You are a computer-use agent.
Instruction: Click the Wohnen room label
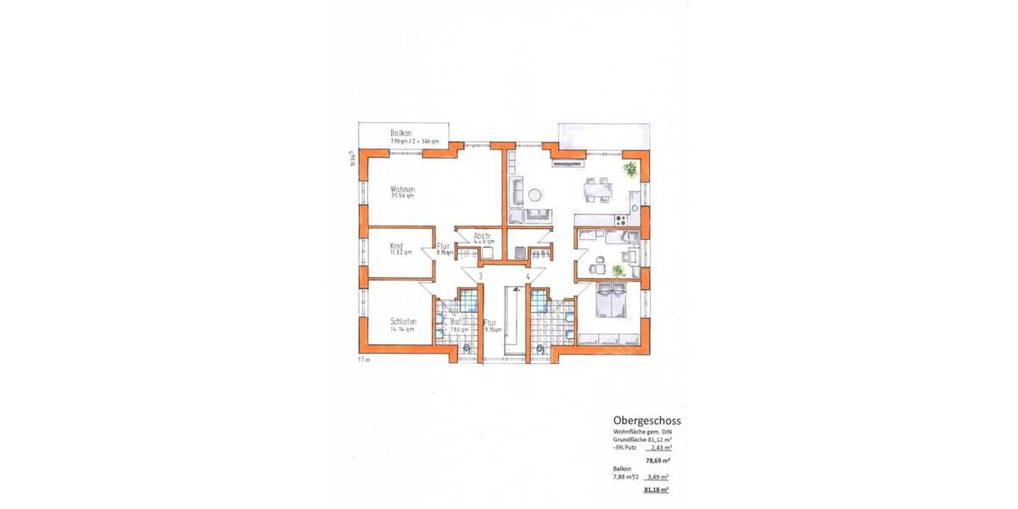[403, 190]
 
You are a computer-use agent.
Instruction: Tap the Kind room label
[396, 246]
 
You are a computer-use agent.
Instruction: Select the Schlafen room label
[403, 322]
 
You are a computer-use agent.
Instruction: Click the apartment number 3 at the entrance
[481, 277]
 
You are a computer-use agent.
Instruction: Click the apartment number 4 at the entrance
[528, 277]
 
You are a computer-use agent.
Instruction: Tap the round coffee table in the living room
[535, 195]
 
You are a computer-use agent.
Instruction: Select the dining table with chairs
[599, 191]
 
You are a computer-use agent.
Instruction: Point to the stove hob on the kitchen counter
[621, 221]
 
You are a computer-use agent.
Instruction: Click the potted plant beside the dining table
[629, 170]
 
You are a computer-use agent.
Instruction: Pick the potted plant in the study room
[618, 270]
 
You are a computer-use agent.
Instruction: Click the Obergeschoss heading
[646, 420]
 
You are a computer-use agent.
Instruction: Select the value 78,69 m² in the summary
[658, 460]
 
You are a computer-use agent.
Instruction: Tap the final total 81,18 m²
[657, 489]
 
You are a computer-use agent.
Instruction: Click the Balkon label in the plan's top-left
[401, 133]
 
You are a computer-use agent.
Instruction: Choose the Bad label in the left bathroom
[456, 323]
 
